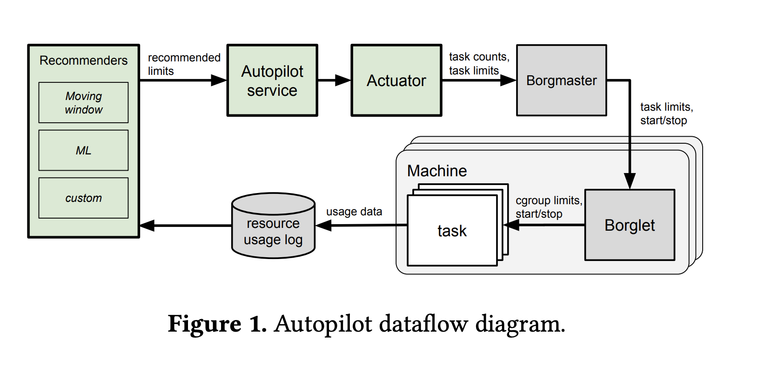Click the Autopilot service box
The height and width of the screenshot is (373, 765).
click(272, 80)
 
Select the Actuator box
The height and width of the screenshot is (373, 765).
click(396, 80)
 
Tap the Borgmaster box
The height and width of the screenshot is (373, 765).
click(561, 80)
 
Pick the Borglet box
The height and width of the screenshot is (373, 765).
click(629, 225)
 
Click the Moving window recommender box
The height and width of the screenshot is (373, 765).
click(83, 103)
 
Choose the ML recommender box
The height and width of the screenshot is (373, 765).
click(83, 150)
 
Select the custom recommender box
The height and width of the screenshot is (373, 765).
click(83, 198)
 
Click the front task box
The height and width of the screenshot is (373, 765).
click(452, 231)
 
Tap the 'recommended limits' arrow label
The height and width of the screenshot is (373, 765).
click(183, 64)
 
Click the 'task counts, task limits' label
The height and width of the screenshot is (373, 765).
click(479, 64)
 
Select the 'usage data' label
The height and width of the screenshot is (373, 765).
click(354, 212)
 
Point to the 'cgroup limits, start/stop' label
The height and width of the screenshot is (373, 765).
click(549, 207)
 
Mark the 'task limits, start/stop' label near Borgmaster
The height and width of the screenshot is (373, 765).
click(666, 113)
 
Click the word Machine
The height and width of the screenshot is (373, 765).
click(436, 171)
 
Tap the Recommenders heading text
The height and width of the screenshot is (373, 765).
click(83, 60)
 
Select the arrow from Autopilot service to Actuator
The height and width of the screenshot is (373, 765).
click(334, 80)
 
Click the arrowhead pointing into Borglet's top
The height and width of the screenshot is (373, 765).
click(630, 181)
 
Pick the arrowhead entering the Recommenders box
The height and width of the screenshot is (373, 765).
click(147, 226)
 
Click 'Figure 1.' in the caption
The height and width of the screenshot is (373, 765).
click(217, 324)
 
